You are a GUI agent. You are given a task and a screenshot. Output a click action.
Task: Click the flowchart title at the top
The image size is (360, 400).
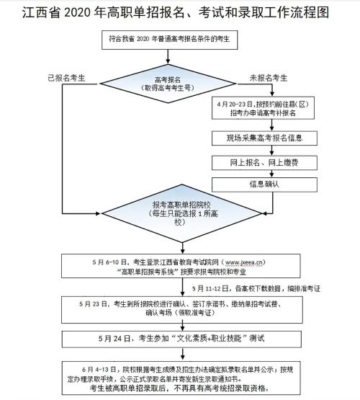pos(180,14)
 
